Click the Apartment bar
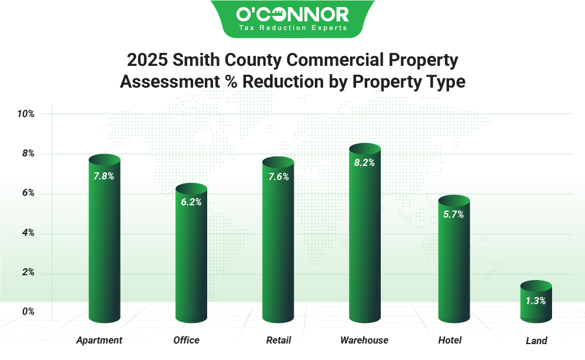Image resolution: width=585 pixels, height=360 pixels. tap(104, 247)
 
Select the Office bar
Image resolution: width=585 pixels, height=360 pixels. tap(191, 259)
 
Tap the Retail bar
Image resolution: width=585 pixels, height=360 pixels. tap(278, 247)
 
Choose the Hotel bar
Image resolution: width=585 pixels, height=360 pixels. tap(454, 265)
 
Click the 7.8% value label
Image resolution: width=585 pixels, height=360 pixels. tap(104, 175)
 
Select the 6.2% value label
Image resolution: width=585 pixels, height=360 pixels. tap(191, 202)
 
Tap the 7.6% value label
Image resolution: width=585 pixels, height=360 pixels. tap(278, 177)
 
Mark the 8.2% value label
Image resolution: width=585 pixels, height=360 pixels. tap(364, 163)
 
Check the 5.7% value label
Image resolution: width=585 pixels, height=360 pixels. tap(454, 215)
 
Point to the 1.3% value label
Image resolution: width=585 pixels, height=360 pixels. tap(536, 301)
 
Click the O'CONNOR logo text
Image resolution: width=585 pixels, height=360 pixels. tap(292, 14)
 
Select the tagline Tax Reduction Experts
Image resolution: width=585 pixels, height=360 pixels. tap(292, 28)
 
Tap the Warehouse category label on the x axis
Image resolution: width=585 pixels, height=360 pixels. tap(364, 341)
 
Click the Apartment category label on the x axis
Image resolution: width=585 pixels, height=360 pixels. tap(99, 341)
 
